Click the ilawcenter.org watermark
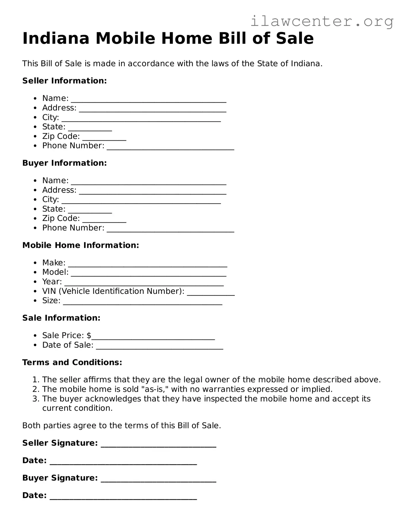(322, 22)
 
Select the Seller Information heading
(64, 81)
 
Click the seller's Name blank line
(148, 100)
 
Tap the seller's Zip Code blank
(104, 138)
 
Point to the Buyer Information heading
(64, 163)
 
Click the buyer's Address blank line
(153, 191)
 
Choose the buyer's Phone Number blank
(170, 229)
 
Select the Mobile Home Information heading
(81, 245)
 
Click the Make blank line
(147, 264)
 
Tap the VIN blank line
(211, 293)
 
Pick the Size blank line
(142, 302)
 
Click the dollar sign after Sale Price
(89, 336)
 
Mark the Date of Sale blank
(159, 347)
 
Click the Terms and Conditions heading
(72, 362)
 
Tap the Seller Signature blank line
(159, 444)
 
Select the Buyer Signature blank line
(159, 479)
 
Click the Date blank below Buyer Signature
(123, 497)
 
